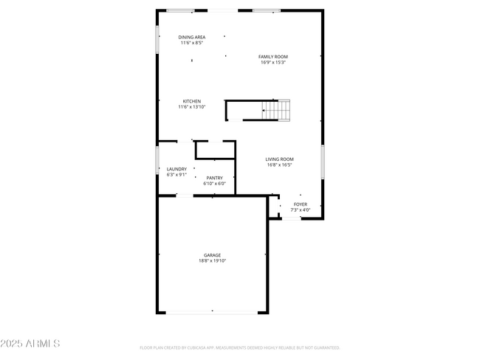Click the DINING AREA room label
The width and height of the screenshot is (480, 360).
tap(192, 37)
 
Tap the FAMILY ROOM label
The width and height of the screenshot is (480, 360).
tap(273, 57)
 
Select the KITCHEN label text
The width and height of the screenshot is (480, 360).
tap(192, 101)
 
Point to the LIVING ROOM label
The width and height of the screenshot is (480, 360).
tap(280, 159)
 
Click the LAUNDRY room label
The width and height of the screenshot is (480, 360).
tap(176, 169)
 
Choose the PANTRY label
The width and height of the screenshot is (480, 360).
tap(214, 178)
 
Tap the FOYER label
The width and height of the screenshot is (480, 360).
tap(301, 204)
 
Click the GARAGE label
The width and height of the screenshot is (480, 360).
tap(213, 255)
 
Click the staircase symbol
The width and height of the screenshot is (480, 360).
tap(277, 110)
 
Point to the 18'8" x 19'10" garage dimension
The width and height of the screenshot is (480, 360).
tap(213, 261)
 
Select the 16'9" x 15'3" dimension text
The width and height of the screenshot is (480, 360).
tap(273, 63)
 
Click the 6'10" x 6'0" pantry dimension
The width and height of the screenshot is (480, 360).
tap(214, 184)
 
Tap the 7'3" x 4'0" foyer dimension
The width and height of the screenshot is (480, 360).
tap(301, 210)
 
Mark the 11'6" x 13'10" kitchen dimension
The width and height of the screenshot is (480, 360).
tap(192, 107)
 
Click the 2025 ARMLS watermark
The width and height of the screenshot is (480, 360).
tap(30, 344)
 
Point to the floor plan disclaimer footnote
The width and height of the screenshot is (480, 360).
tap(240, 347)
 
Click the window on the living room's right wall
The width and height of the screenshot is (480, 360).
tap(323, 162)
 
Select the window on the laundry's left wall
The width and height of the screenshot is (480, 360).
tap(157, 160)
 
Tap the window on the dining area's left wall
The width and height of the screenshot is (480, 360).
tap(157, 40)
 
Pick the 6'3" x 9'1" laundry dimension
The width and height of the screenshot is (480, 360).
tap(176, 175)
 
